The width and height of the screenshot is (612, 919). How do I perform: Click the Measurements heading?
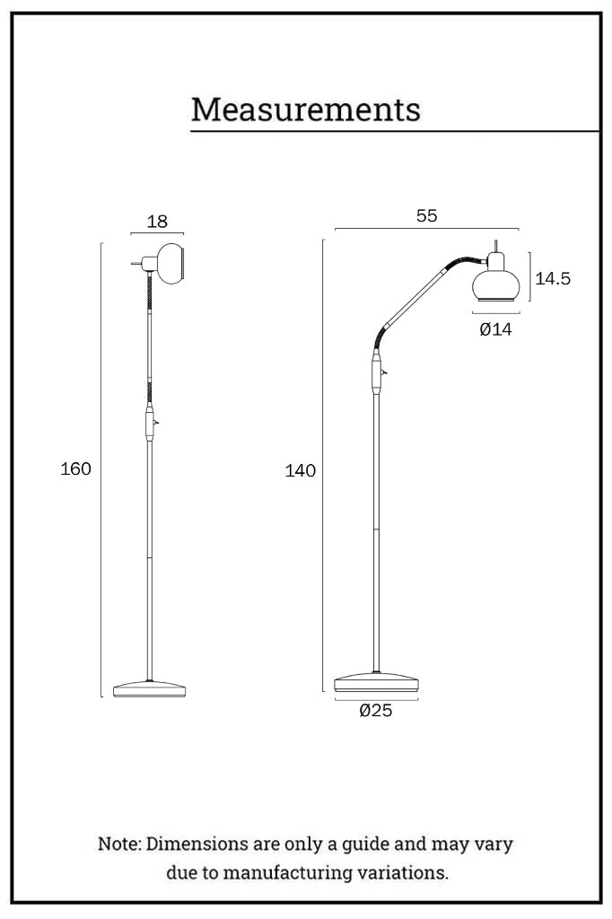click(x=305, y=109)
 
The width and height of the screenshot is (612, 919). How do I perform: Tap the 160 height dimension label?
click(x=75, y=468)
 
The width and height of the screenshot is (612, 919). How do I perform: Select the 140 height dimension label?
click(x=300, y=470)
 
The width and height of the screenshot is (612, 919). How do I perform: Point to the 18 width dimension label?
click(x=157, y=222)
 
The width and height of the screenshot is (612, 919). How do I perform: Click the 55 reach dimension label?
click(x=427, y=215)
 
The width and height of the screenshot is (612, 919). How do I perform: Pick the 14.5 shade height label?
click(x=552, y=278)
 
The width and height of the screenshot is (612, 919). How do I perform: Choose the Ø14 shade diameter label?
click(x=495, y=329)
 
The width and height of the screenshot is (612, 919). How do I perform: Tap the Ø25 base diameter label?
click(x=376, y=711)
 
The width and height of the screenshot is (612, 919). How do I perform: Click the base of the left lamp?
click(x=150, y=688)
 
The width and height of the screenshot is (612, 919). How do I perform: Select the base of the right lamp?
click(x=376, y=682)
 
